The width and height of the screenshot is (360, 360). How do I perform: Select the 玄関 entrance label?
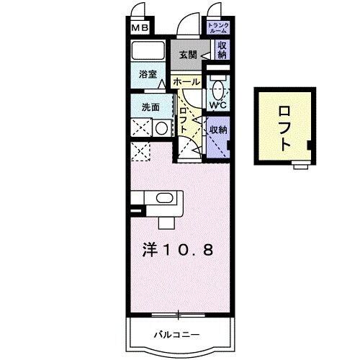(187, 54)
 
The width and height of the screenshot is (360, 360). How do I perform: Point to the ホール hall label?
(186, 82)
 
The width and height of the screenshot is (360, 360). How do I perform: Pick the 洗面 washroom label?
(149, 107)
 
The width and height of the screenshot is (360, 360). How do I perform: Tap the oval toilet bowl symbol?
(218, 91)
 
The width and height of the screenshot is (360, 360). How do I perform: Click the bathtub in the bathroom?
(150, 52)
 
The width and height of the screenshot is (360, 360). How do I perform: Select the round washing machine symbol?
(161, 128)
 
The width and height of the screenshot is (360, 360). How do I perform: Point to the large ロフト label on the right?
(284, 128)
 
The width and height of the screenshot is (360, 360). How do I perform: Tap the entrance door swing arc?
(189, 24)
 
